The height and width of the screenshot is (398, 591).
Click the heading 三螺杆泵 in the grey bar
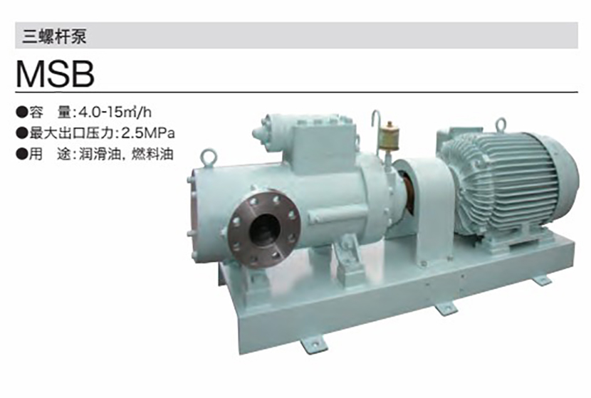(54, 36)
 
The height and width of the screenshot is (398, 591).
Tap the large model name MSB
(55, 74)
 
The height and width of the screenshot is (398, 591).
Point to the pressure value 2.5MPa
(148, 133)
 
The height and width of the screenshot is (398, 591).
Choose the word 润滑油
(98, 155)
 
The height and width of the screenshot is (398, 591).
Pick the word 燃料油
(152, 155)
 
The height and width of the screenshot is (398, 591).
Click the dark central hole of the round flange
(265, 229)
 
